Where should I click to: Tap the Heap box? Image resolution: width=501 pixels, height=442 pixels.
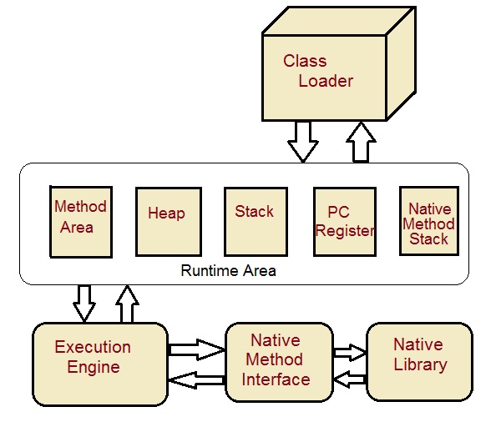click(x=166, y=221)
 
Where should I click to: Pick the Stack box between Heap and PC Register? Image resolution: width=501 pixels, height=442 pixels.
click(x=254, y=221)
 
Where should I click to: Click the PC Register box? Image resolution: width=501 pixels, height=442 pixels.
click(x=344, y=222)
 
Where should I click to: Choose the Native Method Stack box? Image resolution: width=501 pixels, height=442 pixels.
click(x=428, y=221)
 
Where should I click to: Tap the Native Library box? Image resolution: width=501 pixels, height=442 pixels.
click(x=420, y=361)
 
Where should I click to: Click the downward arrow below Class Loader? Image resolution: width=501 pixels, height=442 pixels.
click(x=302, y=141)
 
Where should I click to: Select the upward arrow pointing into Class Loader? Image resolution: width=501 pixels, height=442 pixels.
click(x=362, y=141)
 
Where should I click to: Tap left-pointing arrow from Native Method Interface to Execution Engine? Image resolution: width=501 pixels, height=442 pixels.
click(x=197, y=379)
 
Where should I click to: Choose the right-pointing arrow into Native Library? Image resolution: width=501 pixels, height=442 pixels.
click(x=350, y=351)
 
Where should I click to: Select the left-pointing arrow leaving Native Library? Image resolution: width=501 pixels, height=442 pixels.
click(x=350, y=379)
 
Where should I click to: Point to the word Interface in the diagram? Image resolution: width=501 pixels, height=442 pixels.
click(x=276, y=379)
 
